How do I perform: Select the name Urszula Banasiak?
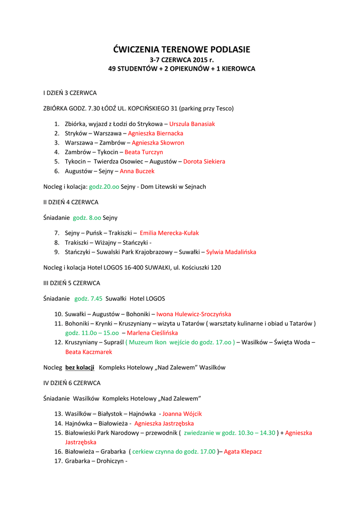192,123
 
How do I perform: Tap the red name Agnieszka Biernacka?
156,133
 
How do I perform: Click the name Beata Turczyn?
144,152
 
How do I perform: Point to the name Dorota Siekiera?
204,162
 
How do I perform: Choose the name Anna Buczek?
137,171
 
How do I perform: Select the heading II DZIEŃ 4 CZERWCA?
71,202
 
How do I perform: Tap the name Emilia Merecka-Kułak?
169,233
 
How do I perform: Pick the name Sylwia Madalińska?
231,252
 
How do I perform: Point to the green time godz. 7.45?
88,298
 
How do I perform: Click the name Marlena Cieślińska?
152,333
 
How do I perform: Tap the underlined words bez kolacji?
80,367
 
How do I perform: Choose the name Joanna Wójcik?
182,414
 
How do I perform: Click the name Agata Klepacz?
242,451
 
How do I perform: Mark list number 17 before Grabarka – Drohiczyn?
58,461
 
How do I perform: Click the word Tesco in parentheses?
222,108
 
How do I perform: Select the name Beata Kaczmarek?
88,352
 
